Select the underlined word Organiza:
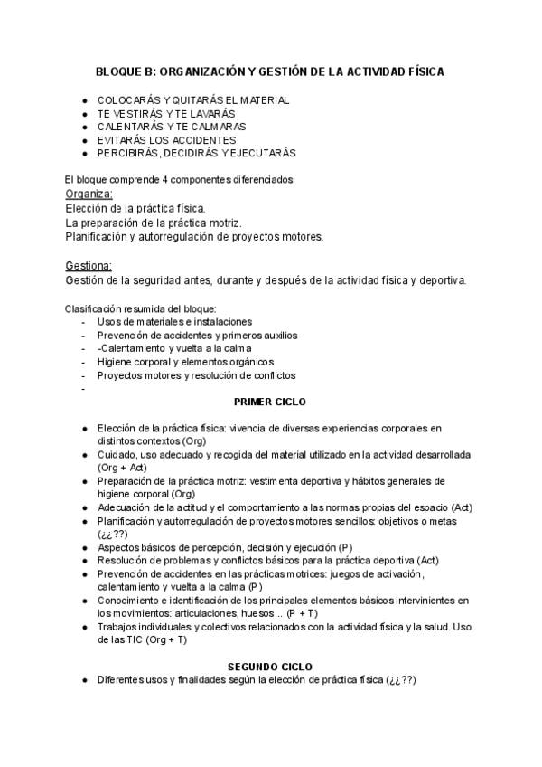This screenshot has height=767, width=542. click(89, 194)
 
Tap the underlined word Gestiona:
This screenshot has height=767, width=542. click(89, 265)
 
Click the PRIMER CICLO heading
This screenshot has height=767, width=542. click(270, 401)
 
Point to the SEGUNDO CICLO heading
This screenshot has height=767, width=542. click(270, 666)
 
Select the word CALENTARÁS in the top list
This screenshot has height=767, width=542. click(130, 127)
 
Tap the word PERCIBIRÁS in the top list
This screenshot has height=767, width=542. click(128, 153)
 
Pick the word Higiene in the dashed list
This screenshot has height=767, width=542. click(115, 362)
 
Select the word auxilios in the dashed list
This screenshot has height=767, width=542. click(276, 335)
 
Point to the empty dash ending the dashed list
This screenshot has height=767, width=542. click(84, 389)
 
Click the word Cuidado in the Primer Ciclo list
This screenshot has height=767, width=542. click(117, 454)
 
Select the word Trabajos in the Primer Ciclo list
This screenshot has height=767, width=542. click(119, 627)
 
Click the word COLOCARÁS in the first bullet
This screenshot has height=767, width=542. click(132, 100)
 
